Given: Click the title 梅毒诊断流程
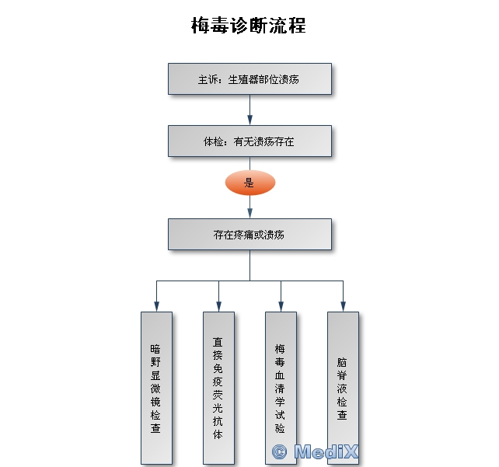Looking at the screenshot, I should click(249, 26).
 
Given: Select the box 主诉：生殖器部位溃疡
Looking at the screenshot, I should click(249, 78).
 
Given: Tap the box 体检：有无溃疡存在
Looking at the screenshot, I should click(249, 141).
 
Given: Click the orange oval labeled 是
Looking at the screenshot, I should click(249, 183).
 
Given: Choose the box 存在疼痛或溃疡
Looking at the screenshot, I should click(249, 234).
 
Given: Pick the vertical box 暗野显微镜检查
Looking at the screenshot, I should click(155, 387).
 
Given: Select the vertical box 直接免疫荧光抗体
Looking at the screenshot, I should click(218, 387).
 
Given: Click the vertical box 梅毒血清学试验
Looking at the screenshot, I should click(280, 387).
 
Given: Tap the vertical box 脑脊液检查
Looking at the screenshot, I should click(342, 387).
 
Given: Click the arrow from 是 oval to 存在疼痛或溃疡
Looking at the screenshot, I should click(249, 207).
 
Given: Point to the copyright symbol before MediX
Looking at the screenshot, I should click(280, 451).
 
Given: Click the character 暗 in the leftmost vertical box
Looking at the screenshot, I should click(155, 349).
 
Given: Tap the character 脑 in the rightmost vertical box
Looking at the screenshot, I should click(342, 361).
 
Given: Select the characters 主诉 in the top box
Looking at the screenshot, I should click(205, 79).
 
